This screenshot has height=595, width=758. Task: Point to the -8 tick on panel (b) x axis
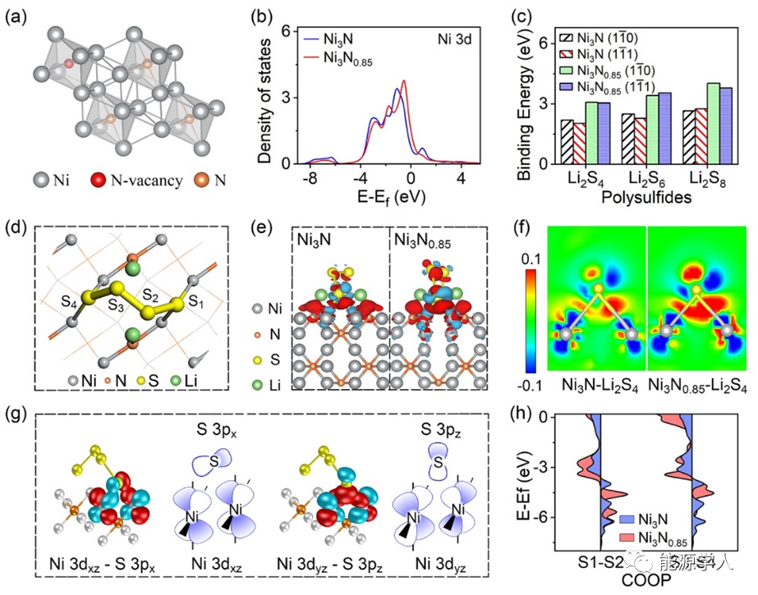pyautogui.click(x=308, y=178)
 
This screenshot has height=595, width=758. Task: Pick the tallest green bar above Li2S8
pyautogui.click(x=714, y=123)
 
